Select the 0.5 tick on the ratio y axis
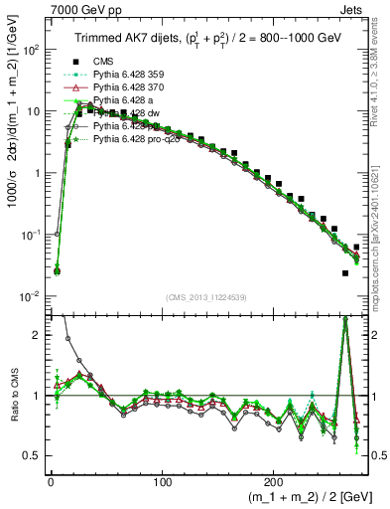point(33,455)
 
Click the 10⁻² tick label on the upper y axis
point(32,296)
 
